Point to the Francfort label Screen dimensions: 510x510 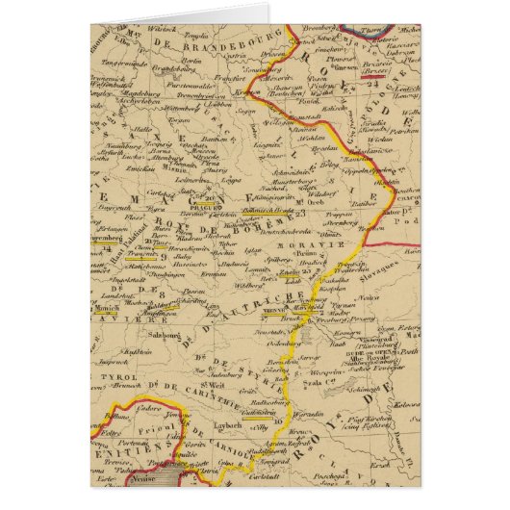[228, 78]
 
